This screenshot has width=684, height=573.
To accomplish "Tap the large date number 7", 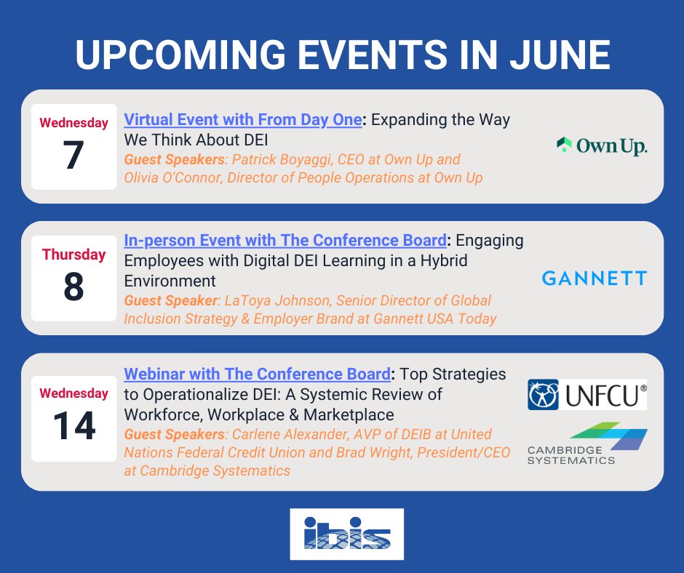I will (74, 156).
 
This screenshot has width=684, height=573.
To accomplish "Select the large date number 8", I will (74, 287).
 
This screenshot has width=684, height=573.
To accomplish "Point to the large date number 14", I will (74, 426).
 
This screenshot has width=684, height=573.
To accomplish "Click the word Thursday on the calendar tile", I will (74, 255).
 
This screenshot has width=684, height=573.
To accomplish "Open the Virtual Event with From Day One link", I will (242, 120).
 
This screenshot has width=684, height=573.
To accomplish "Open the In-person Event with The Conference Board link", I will (285, 241).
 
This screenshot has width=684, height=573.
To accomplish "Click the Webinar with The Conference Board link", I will (257, 374).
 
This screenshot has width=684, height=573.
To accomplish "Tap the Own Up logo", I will (600, 145).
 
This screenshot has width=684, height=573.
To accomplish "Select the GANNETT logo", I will (594, 278).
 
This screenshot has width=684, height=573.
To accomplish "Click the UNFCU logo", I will (587, 394).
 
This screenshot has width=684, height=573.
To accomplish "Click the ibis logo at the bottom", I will (346, 534).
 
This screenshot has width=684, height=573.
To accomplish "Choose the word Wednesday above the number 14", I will (74, 393).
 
